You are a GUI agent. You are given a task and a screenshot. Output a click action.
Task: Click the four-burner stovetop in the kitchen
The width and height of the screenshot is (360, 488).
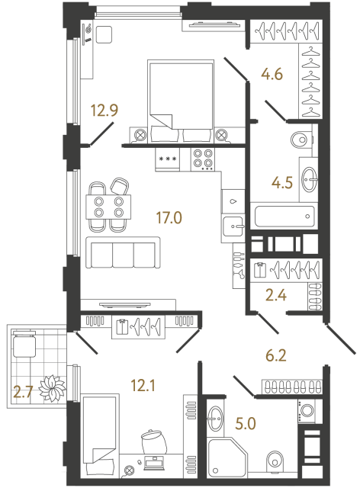[x=202, y=157]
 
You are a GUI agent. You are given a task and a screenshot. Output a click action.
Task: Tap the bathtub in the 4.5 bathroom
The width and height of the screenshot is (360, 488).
[x=283, y=216]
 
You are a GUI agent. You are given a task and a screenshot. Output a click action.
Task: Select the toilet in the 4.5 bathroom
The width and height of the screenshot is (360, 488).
[x=301, y=140]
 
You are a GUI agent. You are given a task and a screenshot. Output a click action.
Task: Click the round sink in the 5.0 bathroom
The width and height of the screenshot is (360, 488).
[x=214, y=416]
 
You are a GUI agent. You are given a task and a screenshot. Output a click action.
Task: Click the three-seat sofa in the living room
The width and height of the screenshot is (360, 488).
[x=124, y=252]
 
